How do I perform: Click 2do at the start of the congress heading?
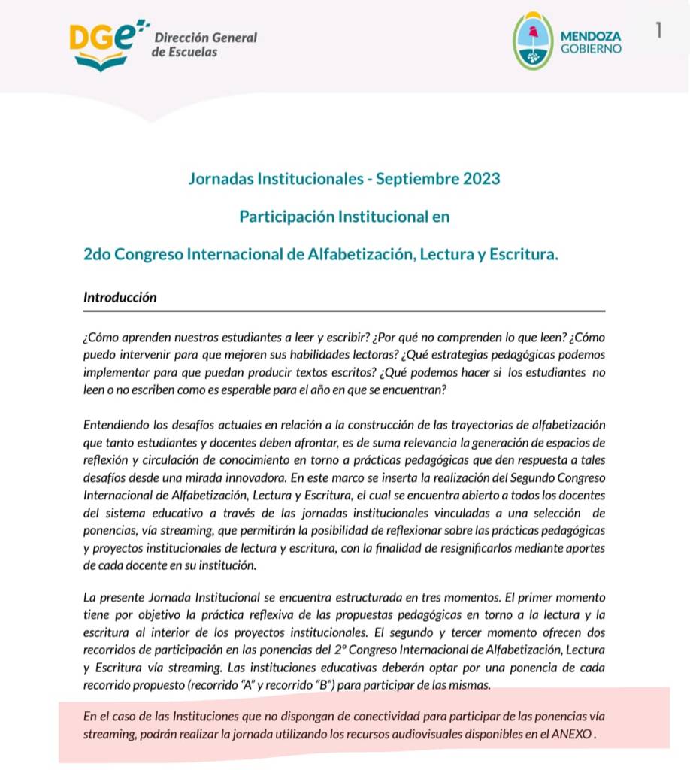[98, 254]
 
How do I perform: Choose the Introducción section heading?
[120, 296]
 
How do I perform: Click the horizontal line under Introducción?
[343, 310]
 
